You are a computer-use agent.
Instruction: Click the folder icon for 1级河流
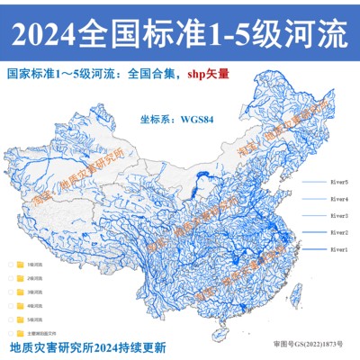pyautogui.click(x=21, y=265)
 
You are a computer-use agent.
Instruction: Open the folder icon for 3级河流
pyautogui.click(x=21, y=292)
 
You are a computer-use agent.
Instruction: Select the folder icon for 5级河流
pyautogui.click(x=21, y=319)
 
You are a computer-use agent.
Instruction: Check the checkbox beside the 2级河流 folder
pyautogui.click(x=10, y=279)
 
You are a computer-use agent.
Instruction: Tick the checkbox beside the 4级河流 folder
pyautogui.click(x=10, y=306)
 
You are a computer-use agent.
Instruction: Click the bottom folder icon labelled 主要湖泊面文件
pyautogui.click(x=21, y=332)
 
